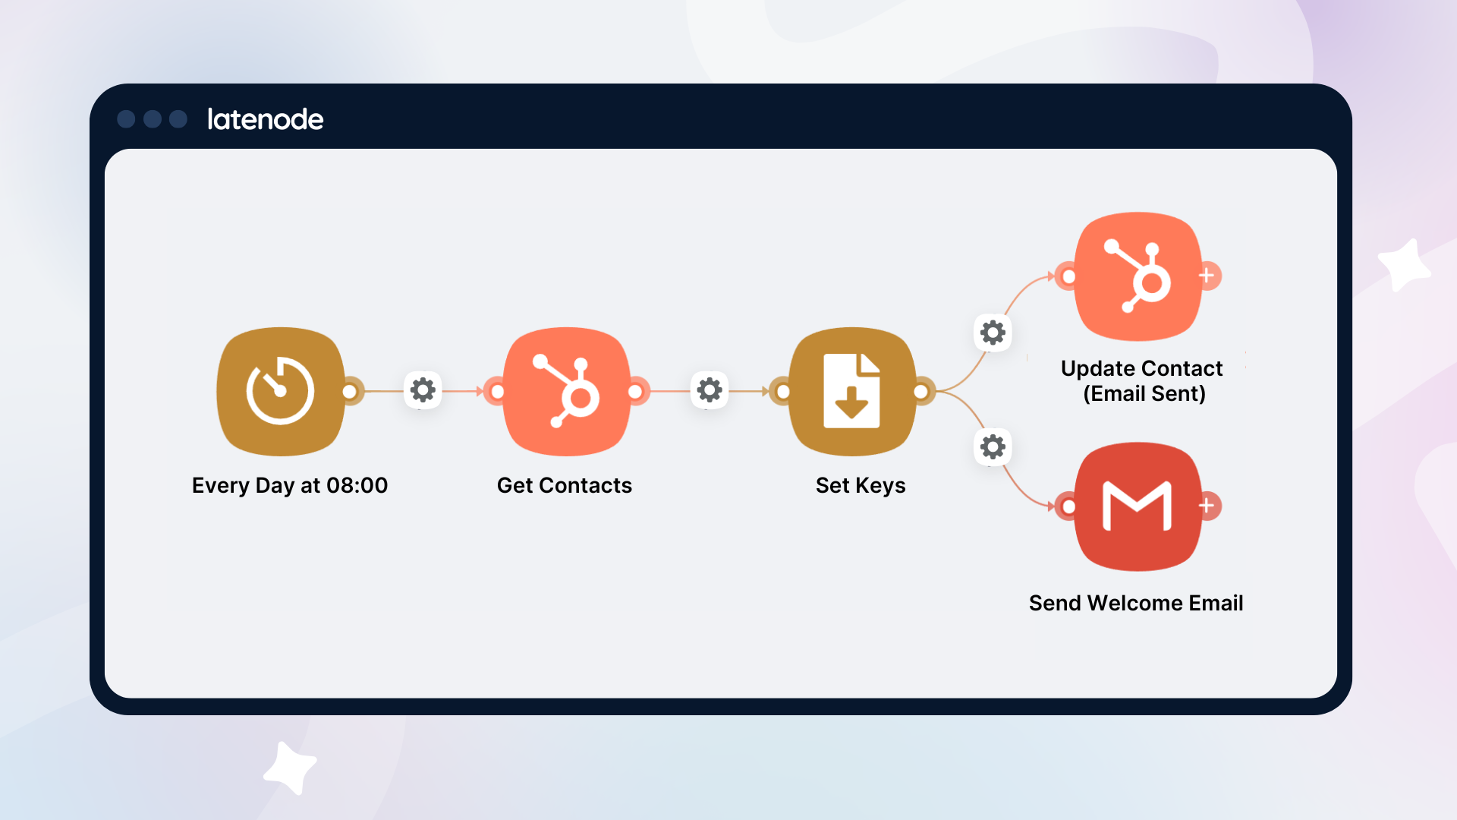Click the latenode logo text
tap(266, 119)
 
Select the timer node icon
tap(281, 391)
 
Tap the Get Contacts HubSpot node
tap(567, 391)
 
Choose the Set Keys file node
tap(852, 391)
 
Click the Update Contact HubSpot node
tap(1138, 276)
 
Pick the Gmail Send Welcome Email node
tap(1138, 506)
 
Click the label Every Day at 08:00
tap(290, 485)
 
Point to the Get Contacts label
tap(565, 485)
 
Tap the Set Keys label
tap(861, 485)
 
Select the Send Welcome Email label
tap(1136, 603)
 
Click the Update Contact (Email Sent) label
tap(1142, 381)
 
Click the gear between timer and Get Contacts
tap(423, 390)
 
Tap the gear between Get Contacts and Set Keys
tap(710, 390)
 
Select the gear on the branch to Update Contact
tap(993, 333)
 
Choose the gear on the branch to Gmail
tap(993, 447)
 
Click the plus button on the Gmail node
tap(1207, 506)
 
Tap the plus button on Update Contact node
tap(1207, 276)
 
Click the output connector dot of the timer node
tap(350, 391)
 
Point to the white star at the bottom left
tap(289, 768)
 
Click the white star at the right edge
tap(1405, 266)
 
